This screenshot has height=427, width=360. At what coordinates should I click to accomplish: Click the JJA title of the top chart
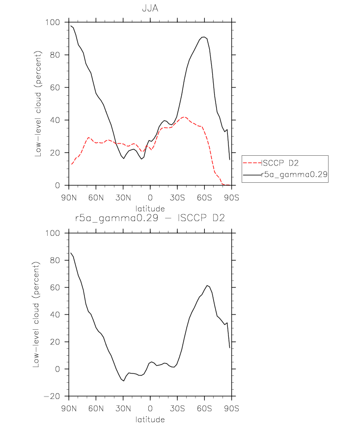click(x=150, y=8)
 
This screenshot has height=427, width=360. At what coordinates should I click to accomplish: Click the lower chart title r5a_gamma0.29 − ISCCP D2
click(x=150, y=218)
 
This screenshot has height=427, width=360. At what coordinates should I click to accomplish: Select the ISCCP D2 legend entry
click(x=280, y=163)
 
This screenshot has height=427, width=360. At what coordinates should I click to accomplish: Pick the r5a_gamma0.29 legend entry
click(x=294, y=174)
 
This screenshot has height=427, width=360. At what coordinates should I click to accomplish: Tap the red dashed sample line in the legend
click(x=252, y=163)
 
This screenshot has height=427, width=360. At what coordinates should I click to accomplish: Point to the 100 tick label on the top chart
click(x=53, y=22)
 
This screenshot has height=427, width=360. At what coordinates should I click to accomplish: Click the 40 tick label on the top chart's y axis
click(x=55, y=120)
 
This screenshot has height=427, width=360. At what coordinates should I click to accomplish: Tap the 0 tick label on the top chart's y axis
click(x=57, y=185)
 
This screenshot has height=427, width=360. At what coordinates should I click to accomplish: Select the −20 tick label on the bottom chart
click(x=52, y=396)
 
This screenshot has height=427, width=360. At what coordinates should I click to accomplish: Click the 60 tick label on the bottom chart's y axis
click(x=55, y=287)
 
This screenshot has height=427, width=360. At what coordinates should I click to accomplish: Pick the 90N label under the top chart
click(x=69, y=198)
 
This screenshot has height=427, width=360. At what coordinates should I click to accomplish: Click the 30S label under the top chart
click(x=177, y=198)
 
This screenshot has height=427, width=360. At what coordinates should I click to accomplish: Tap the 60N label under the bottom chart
click(x=96, y=408)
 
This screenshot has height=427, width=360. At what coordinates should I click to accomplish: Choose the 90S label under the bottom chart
click(x=231, y=408)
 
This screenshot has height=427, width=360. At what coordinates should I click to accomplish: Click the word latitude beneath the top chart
click(x=150, y=209)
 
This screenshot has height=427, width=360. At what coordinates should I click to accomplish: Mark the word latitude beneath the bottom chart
click(x=150, y=419)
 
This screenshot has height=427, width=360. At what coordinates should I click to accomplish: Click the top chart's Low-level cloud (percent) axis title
click(x=38, y=104)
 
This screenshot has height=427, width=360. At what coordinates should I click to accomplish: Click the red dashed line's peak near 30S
click(x=184, y=117)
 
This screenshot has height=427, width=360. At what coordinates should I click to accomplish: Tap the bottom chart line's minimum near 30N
click(x=124, y=381)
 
